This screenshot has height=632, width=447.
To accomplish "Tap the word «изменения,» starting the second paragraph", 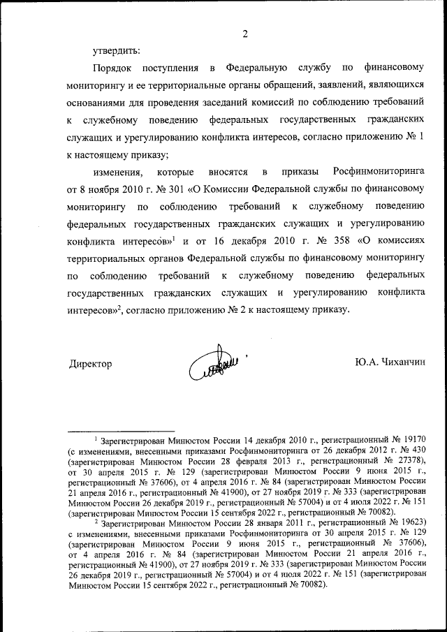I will point(118,171).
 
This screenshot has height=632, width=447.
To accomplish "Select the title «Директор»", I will point(91,364).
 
